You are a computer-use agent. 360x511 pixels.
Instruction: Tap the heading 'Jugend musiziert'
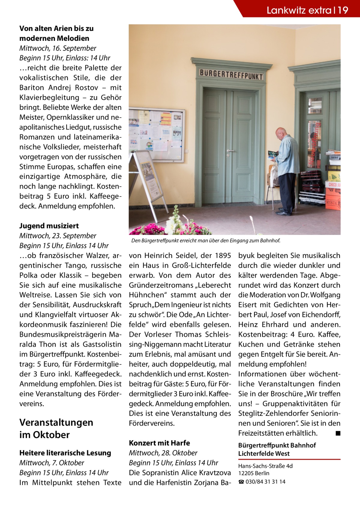tap(49, 225)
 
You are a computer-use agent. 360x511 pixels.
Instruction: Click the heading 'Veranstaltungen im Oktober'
tap(56, 428)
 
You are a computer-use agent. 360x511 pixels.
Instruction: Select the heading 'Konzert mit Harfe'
tap(159, 443)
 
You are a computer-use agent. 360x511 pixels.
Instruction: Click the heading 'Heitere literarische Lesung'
tap(65, 452)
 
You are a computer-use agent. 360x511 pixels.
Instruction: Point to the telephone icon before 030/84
tap(241, 482)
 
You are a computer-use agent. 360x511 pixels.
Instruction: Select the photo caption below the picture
tap(205, 241)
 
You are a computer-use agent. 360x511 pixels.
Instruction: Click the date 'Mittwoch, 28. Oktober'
tap(163, 452)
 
